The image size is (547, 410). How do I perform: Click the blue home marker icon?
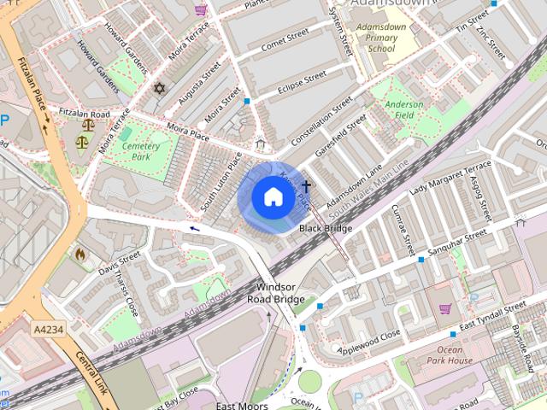pyautogui.click(x=273, y=197)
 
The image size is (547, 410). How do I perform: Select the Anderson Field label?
pyautogui.click(x=404, y=109)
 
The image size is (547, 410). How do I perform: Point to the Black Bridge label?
pyautogui.click(x=326, y=229)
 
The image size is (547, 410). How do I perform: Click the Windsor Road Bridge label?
pyautogui.click(x=276, y=293)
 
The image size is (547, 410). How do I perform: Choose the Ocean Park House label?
pyautogui.click(x=450, y=355)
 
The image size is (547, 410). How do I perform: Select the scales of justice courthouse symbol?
pyautogui.click(x=82, y=142)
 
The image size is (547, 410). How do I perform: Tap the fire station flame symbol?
pyautogui.click(x=80, y=254)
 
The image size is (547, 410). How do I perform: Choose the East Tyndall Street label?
pyautogui.click(x=492, y=315)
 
